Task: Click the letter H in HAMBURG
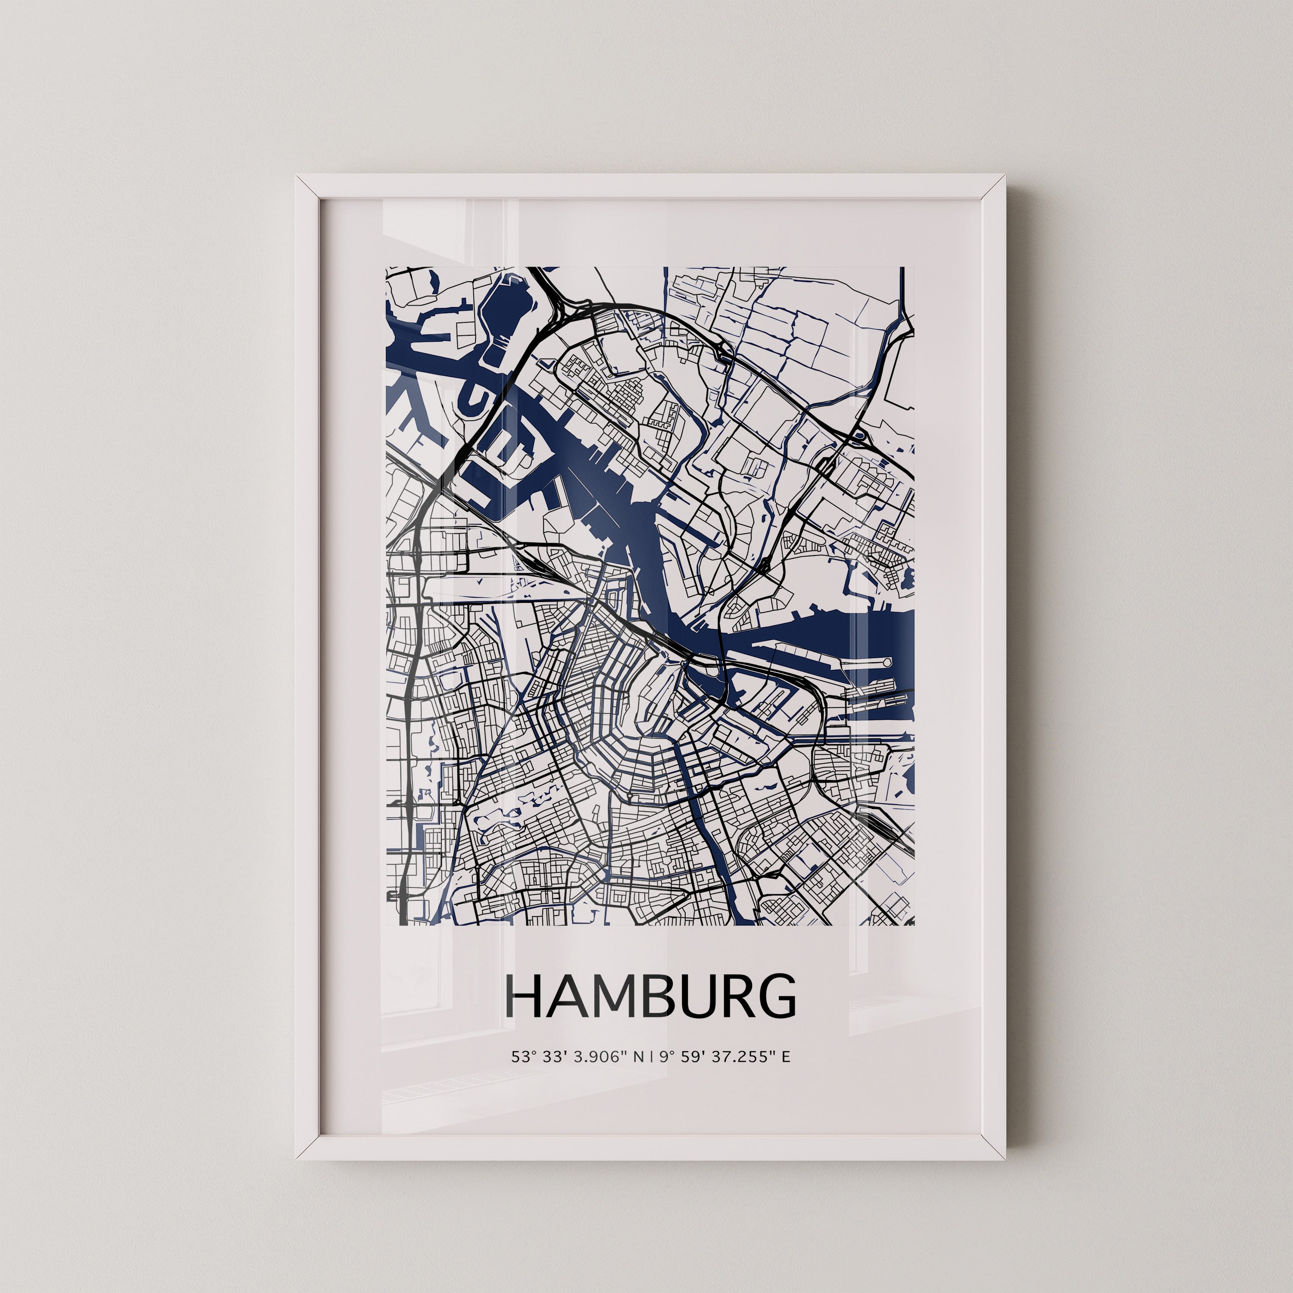click(526, 996)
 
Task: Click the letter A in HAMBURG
click(566, 996)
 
